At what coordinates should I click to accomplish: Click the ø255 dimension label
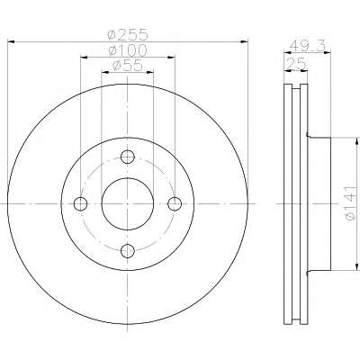(x=128, y=35)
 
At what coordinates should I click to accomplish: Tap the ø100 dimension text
(x=128, y=50)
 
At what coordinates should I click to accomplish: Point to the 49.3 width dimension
(x=307, y=46)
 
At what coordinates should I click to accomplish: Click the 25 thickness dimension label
(x=296, y=64)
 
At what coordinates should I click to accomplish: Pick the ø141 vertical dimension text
(x=351, y=203)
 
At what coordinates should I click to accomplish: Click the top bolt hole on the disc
(x=128, y=157)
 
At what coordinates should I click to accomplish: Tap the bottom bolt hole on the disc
(x=128, y=251)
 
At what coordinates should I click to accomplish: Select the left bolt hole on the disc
(x=80, y=204)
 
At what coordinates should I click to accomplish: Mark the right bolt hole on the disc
(x=175, y=204)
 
